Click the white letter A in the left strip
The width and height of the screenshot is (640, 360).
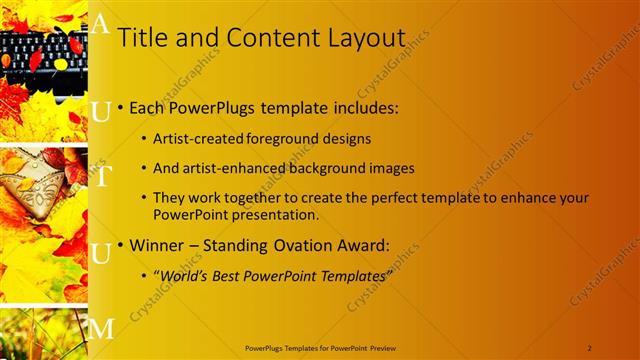point(100,26)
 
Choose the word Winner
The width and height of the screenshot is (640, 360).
point(158,246)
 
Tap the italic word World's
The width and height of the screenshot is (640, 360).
point(181,276)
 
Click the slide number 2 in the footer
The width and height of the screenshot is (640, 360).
point(590,347)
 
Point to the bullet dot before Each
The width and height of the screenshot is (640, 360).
point(121,107)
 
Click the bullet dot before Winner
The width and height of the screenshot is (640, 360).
point(121,246)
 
